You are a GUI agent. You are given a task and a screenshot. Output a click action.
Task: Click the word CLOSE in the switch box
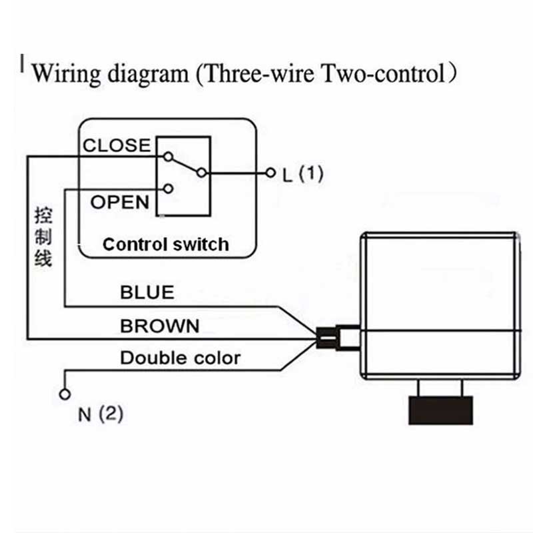[x=117, y=145]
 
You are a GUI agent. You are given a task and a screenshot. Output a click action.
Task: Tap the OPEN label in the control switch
[x=120, y=202]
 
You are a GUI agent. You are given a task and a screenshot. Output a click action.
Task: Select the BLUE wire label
[x=147, y=292]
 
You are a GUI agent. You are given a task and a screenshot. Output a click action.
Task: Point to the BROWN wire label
[x=160, y=326]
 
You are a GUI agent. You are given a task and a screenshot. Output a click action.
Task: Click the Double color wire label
[x=180, y=358]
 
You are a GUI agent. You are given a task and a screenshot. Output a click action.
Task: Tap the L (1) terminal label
[x=302, y=175]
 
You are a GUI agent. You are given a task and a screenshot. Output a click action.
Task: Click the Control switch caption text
[x=165, y=245]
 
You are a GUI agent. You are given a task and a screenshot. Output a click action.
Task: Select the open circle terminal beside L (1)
[x=270, y=173]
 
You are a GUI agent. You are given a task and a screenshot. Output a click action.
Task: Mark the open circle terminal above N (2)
[x=65, y=394]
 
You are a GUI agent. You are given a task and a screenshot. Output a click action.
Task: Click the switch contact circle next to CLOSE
[x=168, y=158]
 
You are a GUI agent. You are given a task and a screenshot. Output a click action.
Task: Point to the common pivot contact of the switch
[x=202, y=173]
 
